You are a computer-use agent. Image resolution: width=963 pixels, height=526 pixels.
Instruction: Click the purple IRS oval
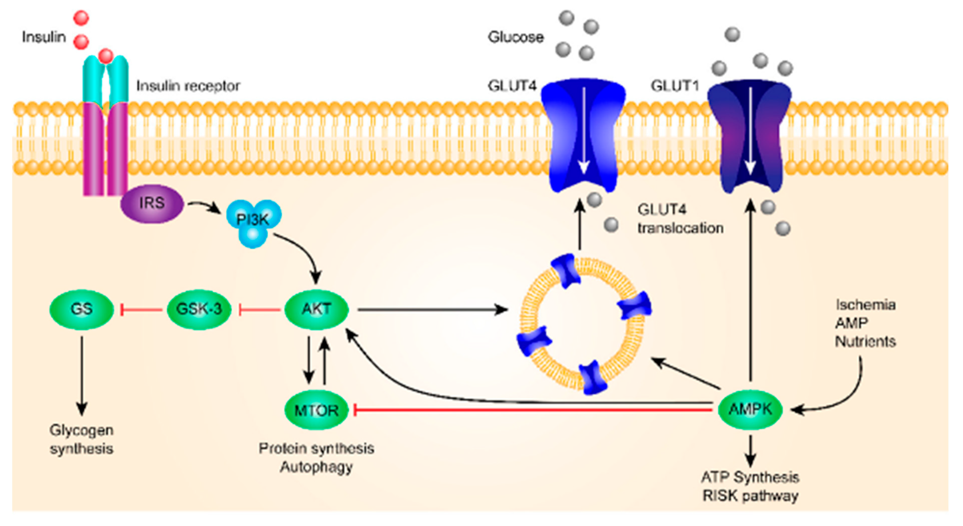(x=152, y=203)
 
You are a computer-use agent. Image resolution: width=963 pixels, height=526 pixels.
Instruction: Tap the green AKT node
(x=316, y=309)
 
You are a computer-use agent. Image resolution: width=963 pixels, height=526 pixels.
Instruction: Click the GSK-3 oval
(x=199, y=309)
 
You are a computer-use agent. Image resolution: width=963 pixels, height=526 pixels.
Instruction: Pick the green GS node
(x=81, y=309)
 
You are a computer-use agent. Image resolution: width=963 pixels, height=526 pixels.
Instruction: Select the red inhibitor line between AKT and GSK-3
(x=260, y=309)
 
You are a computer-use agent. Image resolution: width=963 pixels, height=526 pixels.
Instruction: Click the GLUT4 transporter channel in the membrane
(x=583, y=135)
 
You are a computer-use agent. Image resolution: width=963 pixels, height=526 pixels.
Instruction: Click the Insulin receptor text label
(x=188, y=86)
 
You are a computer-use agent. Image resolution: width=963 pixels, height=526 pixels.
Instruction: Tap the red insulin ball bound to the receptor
(x=106, y=56)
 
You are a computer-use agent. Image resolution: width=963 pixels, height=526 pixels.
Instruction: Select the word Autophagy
(x=316, y=467)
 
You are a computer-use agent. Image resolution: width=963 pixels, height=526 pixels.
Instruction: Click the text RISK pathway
(x=750, y=496)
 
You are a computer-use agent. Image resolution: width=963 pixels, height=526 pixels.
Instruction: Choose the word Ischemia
(x=865, y=305)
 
